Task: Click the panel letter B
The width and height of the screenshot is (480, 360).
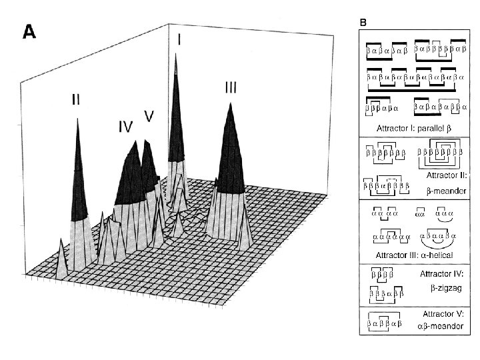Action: tap(363, 22)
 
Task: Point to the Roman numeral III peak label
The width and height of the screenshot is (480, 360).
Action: tap(231, 87)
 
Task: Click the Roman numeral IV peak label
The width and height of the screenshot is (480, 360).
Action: tap(126, 125)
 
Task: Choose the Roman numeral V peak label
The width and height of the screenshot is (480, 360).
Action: tap(149, 115)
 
